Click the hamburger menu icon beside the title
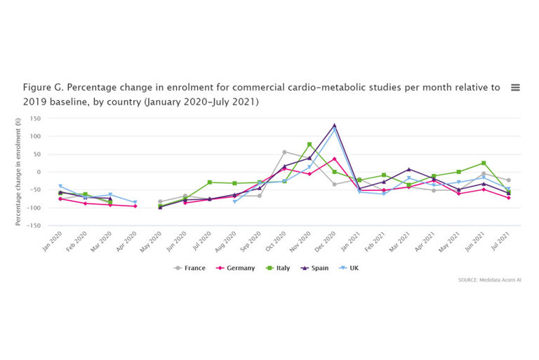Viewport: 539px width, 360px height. [515, 88]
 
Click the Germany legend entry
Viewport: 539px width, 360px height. [237, 268]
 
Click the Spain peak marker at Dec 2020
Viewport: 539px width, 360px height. [334, 126]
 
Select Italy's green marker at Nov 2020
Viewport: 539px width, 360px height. [310, 145]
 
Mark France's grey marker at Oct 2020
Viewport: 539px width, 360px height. [284, 152]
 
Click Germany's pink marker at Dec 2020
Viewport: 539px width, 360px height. [334, 159]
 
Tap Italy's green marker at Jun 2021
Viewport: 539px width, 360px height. [484, 163]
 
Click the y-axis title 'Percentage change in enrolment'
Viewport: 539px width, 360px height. [18, 172]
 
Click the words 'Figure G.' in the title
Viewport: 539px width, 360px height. [44, 88]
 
